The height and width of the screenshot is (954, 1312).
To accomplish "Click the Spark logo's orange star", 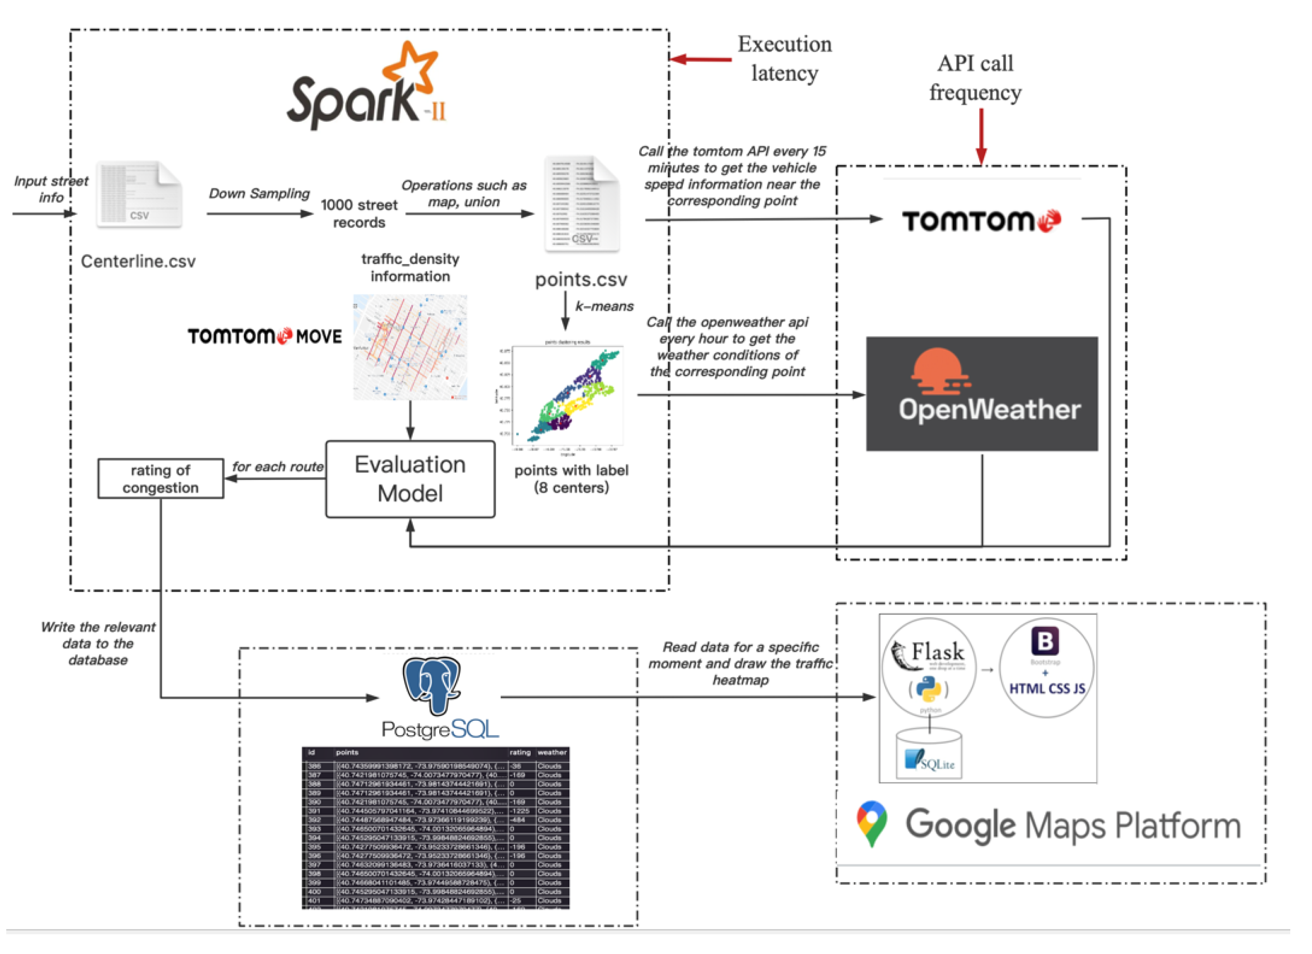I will coord(409,68).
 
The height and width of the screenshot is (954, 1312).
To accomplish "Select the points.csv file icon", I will coord(582,203).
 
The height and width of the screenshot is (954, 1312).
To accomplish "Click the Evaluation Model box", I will coord(410,479).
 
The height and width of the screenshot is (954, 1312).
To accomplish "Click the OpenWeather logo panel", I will coord(981,394).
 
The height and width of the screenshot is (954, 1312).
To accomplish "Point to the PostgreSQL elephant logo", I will coord(432,685).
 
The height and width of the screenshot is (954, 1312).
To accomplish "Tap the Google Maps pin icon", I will coord(872,823).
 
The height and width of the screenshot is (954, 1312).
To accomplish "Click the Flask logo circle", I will coord(929,668).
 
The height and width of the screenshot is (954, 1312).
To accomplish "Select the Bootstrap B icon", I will coord(1045,641).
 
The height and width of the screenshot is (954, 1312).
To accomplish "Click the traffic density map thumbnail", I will coord(410,347).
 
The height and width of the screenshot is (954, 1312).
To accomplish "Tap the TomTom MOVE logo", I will coord(264,336).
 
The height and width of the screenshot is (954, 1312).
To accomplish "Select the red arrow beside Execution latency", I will coord(700,59).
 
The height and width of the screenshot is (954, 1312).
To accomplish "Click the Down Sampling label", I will coord(258,193).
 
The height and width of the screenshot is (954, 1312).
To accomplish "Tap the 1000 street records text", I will coord(359,213).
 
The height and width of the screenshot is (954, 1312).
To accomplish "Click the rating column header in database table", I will coord(519,752).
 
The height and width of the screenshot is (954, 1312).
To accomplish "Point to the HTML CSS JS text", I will coord(1047,688).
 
